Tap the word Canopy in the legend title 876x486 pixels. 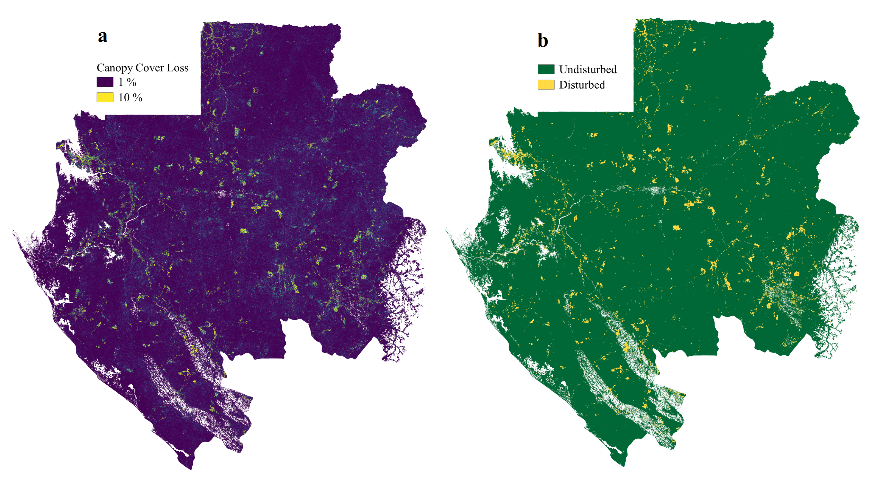114,68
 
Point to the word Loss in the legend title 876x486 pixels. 178,68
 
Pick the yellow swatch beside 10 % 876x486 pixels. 105,97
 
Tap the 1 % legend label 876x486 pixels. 127,82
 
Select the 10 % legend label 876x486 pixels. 130,97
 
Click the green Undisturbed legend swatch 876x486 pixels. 546,69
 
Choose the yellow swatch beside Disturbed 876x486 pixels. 546,84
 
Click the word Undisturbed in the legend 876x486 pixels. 588,69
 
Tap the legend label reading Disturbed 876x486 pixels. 582,84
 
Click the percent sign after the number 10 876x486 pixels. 137,97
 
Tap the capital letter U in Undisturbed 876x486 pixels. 563,69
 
